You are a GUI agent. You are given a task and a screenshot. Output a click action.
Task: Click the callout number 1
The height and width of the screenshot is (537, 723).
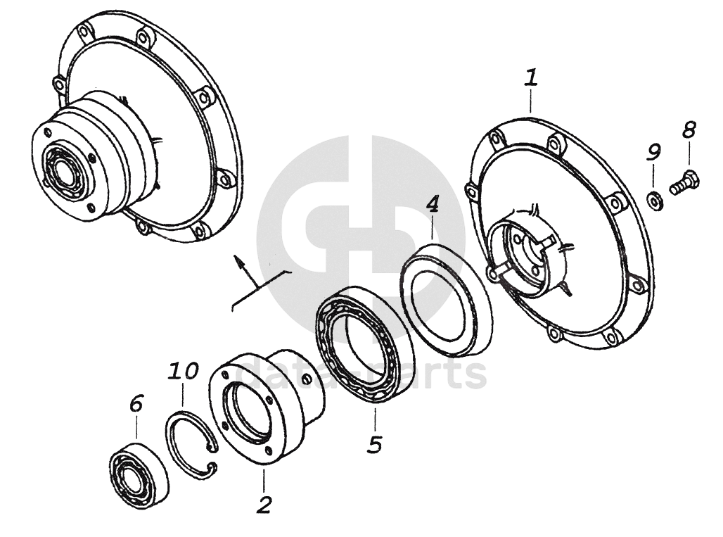tap(531, 77)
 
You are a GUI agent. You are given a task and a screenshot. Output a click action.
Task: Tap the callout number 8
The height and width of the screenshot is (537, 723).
tap(689, 130)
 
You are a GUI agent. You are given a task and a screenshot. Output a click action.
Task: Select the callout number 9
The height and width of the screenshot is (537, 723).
tap(653, 152)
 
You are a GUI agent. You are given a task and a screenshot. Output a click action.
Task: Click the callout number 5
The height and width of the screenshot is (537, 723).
tap(376, 444)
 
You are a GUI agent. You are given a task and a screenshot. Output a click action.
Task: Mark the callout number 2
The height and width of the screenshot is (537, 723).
tap(264, 505)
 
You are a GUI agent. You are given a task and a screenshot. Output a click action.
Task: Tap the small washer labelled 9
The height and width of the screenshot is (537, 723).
tap(654, 201)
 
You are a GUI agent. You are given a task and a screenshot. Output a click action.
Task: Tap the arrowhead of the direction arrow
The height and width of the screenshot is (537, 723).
tap(238, 261)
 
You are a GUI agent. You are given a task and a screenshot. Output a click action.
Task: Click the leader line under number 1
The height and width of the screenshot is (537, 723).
tap(531, 101)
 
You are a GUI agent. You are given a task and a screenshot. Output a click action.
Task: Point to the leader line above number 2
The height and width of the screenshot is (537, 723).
tap(264, 481)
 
